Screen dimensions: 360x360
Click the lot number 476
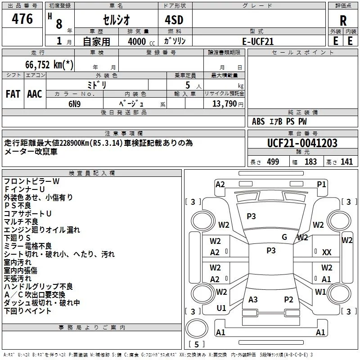[x=22, y=19]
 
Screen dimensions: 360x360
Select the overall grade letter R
[x=343, y=21]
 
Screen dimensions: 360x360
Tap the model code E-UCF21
[x=258, y=41]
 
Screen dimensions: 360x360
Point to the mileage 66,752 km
[x=49, y=64]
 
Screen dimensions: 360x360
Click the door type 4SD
[x=174, y=20]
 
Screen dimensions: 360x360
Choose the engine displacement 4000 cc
[x=141, y=41]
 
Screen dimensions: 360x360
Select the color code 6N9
[x=74, y=104]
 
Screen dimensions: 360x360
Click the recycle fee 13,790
[x=224, y=104]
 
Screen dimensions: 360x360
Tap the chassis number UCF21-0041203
[x=302, y=143]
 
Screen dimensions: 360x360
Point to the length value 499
[x=273, y=162]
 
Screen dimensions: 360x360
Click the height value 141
[x=346, y=162]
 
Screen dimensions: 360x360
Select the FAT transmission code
[x=13, y=94]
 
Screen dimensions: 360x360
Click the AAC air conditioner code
[x=35, y=94]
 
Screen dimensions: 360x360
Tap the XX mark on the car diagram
[x=327, y=252]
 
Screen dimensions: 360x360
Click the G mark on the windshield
[x=284, y=237]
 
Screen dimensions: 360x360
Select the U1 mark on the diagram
[x=221, y=308]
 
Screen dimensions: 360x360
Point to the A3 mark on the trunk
[x=253, y=300]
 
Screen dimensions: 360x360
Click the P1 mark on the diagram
[x=321, y=184]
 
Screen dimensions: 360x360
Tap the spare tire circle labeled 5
[x=197, y=328]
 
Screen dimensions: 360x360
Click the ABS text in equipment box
[x=258, y=121]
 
